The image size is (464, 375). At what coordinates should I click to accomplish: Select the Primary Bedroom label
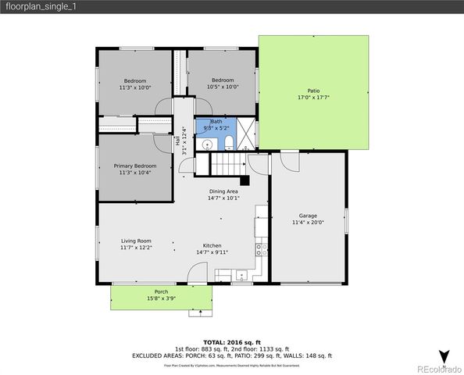[x=135, y=169]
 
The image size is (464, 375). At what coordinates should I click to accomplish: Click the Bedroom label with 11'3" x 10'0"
[x=135, y=84]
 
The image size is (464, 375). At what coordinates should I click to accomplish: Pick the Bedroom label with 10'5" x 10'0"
[x=223, y=84]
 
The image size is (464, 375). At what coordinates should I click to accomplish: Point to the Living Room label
[x=136, y=244]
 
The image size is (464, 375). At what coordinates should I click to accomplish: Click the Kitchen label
[x=212, y=248]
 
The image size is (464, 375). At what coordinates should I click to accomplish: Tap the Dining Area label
[x=223, y=195]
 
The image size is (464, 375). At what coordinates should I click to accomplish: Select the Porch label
[x=161, y=295]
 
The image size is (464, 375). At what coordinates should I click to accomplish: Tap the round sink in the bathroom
[x=208, y=145]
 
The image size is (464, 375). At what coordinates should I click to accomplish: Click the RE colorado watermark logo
[x=438, y=368]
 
